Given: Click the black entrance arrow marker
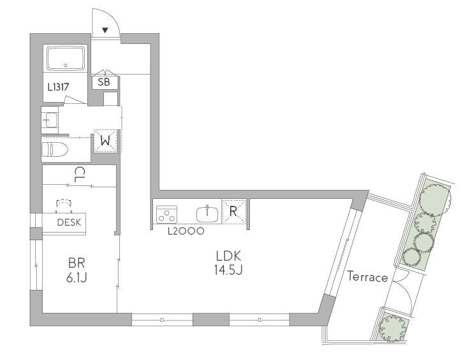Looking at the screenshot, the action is (105, 30).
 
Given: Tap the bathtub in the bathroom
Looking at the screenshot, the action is (66, 58).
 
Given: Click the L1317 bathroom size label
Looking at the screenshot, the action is (59, 87).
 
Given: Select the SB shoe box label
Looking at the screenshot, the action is (103, 82).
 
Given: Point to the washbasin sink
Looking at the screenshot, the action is (50, 120).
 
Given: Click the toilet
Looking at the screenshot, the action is (55, 149).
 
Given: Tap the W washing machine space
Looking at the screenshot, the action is (105, 141).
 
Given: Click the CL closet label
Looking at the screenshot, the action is (79, 175).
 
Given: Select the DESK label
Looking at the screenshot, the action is (69, 222).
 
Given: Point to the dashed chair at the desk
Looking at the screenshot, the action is (64, 206).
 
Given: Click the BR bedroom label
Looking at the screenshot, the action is (77, 263).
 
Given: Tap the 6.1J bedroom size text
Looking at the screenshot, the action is (77, 278).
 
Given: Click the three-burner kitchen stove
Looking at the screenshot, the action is (167, 214).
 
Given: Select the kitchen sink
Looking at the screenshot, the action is (207, 214).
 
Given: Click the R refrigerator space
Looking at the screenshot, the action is (234, 212).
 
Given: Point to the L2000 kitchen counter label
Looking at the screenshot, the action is (186, 231).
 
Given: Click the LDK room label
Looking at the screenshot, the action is (228, 256).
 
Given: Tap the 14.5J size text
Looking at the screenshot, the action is (228, 270).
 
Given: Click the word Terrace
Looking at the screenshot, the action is (367, 277).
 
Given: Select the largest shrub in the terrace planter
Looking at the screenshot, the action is (435, 198).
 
